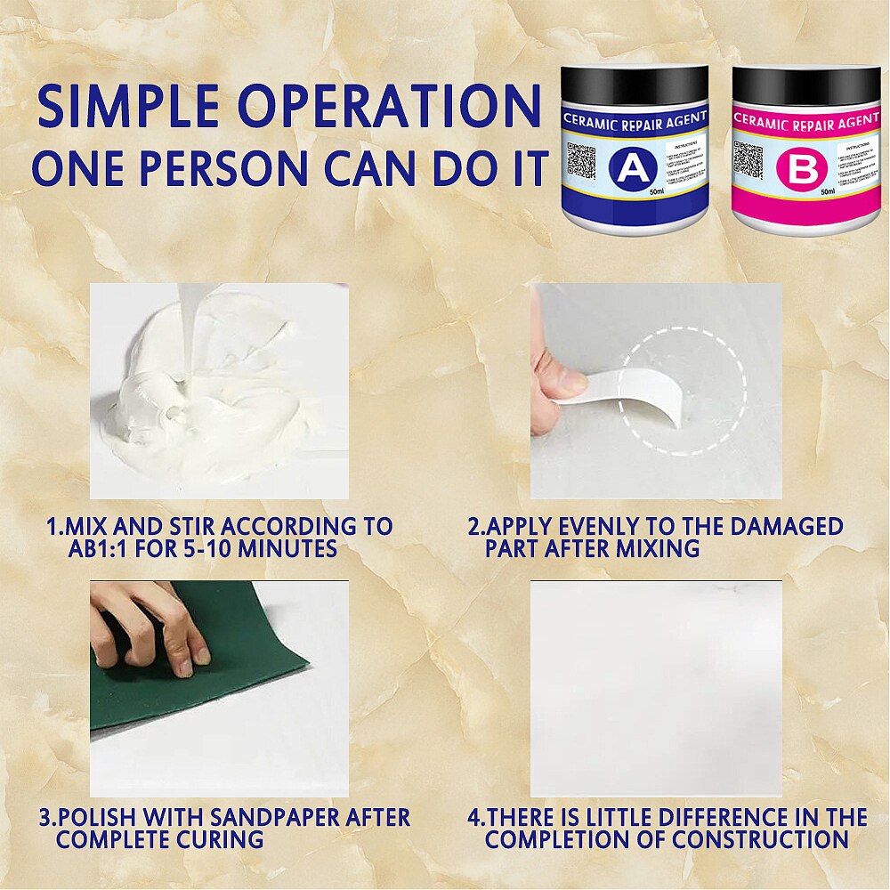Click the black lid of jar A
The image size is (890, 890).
[635, 86]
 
